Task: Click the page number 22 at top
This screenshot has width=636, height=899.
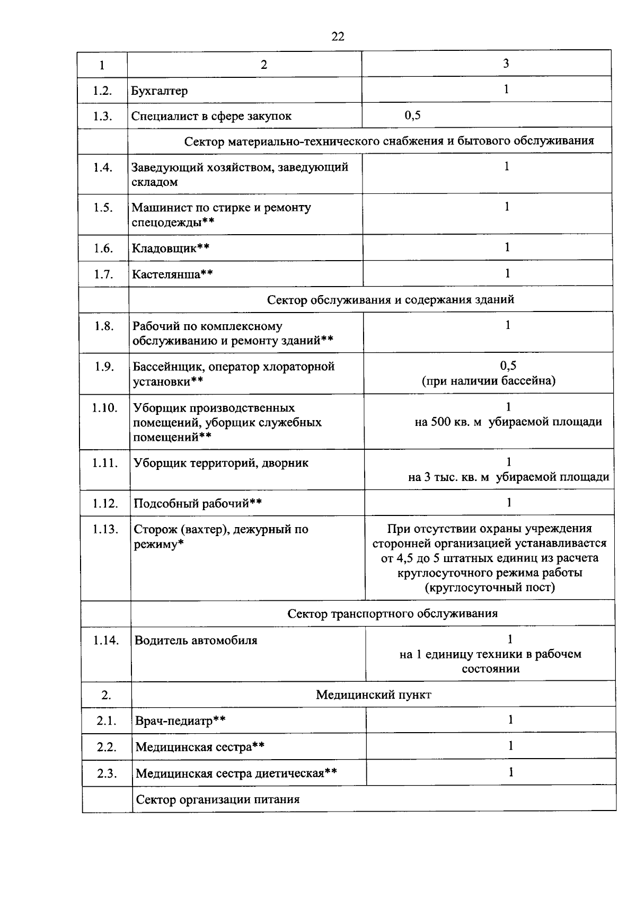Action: (338, 36)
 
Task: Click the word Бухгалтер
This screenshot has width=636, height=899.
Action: (160, 91)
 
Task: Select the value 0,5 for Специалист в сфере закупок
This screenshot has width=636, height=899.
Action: (413, 115)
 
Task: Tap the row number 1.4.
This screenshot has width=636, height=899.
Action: (103, 168)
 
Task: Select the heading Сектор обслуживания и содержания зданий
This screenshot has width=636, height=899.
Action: (391, 300)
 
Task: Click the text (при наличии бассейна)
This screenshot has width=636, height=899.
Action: (489, 380)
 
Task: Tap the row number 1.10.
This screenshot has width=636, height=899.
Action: (104, 408)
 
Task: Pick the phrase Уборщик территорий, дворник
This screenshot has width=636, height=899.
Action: (221, 463)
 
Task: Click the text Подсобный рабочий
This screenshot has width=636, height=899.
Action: (191, 503)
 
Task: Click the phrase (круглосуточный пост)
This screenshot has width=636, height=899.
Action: (490, 588)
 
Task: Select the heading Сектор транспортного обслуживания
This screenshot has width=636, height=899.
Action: (393, 613)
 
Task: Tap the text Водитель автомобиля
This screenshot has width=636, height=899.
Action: (196, 640)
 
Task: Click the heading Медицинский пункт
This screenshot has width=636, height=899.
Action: (374, 695)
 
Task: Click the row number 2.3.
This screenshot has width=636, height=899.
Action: (107, 773)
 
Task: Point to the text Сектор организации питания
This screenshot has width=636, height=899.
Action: (218, 799)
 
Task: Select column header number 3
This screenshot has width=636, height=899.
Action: (506, 64)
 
